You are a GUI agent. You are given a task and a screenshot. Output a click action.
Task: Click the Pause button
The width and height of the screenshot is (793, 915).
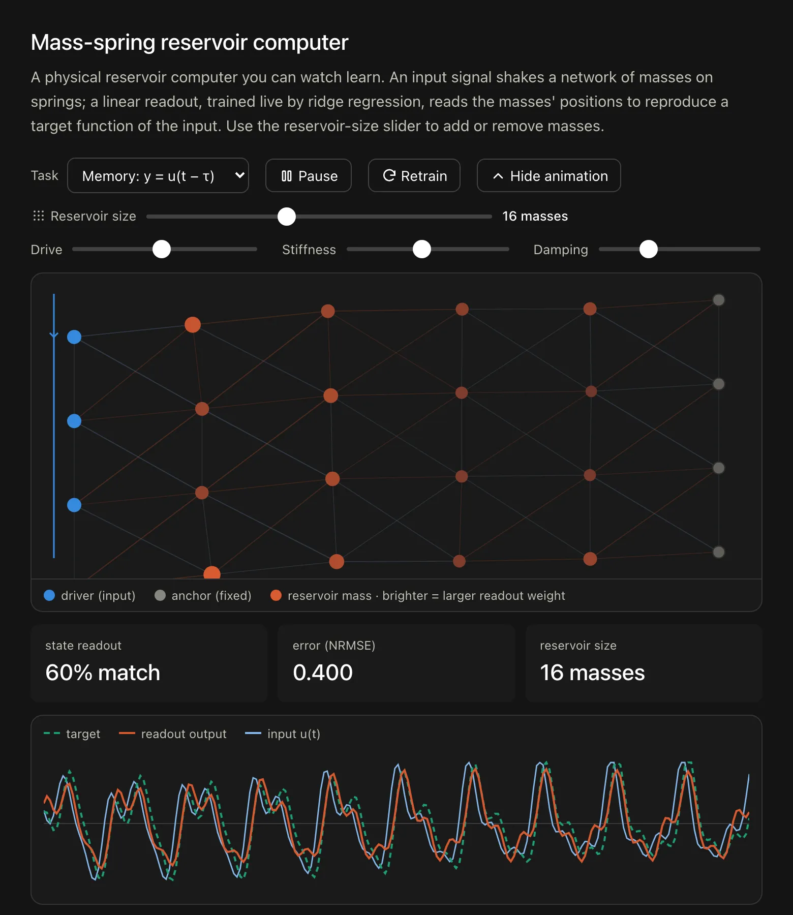pyautogui.click(x=309, y=176)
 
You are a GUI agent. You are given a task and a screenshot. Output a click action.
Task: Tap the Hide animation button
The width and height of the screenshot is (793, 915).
pyautogui.click(x=549, y=176)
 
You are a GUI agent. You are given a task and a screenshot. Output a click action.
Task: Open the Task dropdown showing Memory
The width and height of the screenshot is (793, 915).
pyautogui.click(x=158, y=176)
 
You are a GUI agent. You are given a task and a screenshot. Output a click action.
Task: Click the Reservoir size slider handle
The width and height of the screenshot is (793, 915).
pyautogui.click(x=287, y=217)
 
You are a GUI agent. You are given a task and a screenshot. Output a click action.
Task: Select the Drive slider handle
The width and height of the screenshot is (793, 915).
pyautogui.click(x=162, y=249)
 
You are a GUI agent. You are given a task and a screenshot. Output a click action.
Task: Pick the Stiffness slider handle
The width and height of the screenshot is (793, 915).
pyautogui.click(x=422, y=249)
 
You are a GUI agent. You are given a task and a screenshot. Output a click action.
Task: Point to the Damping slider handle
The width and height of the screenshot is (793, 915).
pyautogui.click(x=649, y=249)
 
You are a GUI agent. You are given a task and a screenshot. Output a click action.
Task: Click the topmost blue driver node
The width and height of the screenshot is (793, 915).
pyautogui.click(x=74, y=337)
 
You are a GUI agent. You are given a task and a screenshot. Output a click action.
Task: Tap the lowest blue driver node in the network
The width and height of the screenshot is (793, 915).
pyautogui.click(x=74, y=505)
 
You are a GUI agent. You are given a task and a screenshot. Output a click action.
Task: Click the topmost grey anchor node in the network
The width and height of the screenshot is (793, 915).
pyautogui.click(x=719, y=300)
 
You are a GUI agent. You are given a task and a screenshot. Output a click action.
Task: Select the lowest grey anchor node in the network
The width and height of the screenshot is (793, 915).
pyautogui.click(x=719, y=552)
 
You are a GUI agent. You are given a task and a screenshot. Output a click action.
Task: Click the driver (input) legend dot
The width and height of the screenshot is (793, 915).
pyautogui.click(x=49, y=595)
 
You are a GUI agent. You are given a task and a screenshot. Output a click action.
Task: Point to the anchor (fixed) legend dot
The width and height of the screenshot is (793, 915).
pyautogui.click(x=160, y=595)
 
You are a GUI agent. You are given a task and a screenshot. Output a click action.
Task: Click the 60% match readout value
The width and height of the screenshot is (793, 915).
pyautogui.click(x=103, y=673)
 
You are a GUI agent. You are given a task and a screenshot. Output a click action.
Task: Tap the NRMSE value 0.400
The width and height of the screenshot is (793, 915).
pyautogui.click(x=323, y=673)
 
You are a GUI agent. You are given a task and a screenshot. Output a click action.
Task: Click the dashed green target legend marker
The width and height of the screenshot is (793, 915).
pyautogui.click(x=52, y=734)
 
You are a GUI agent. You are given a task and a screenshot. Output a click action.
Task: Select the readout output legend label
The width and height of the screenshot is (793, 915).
pyautogui.click(x=184, y=734)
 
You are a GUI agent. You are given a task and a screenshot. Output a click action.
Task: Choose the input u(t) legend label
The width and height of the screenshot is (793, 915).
pyautogui.click(x=294, y=734)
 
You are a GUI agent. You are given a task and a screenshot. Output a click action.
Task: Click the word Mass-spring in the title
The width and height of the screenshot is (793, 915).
pyautogui.click(x=93, y=43)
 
